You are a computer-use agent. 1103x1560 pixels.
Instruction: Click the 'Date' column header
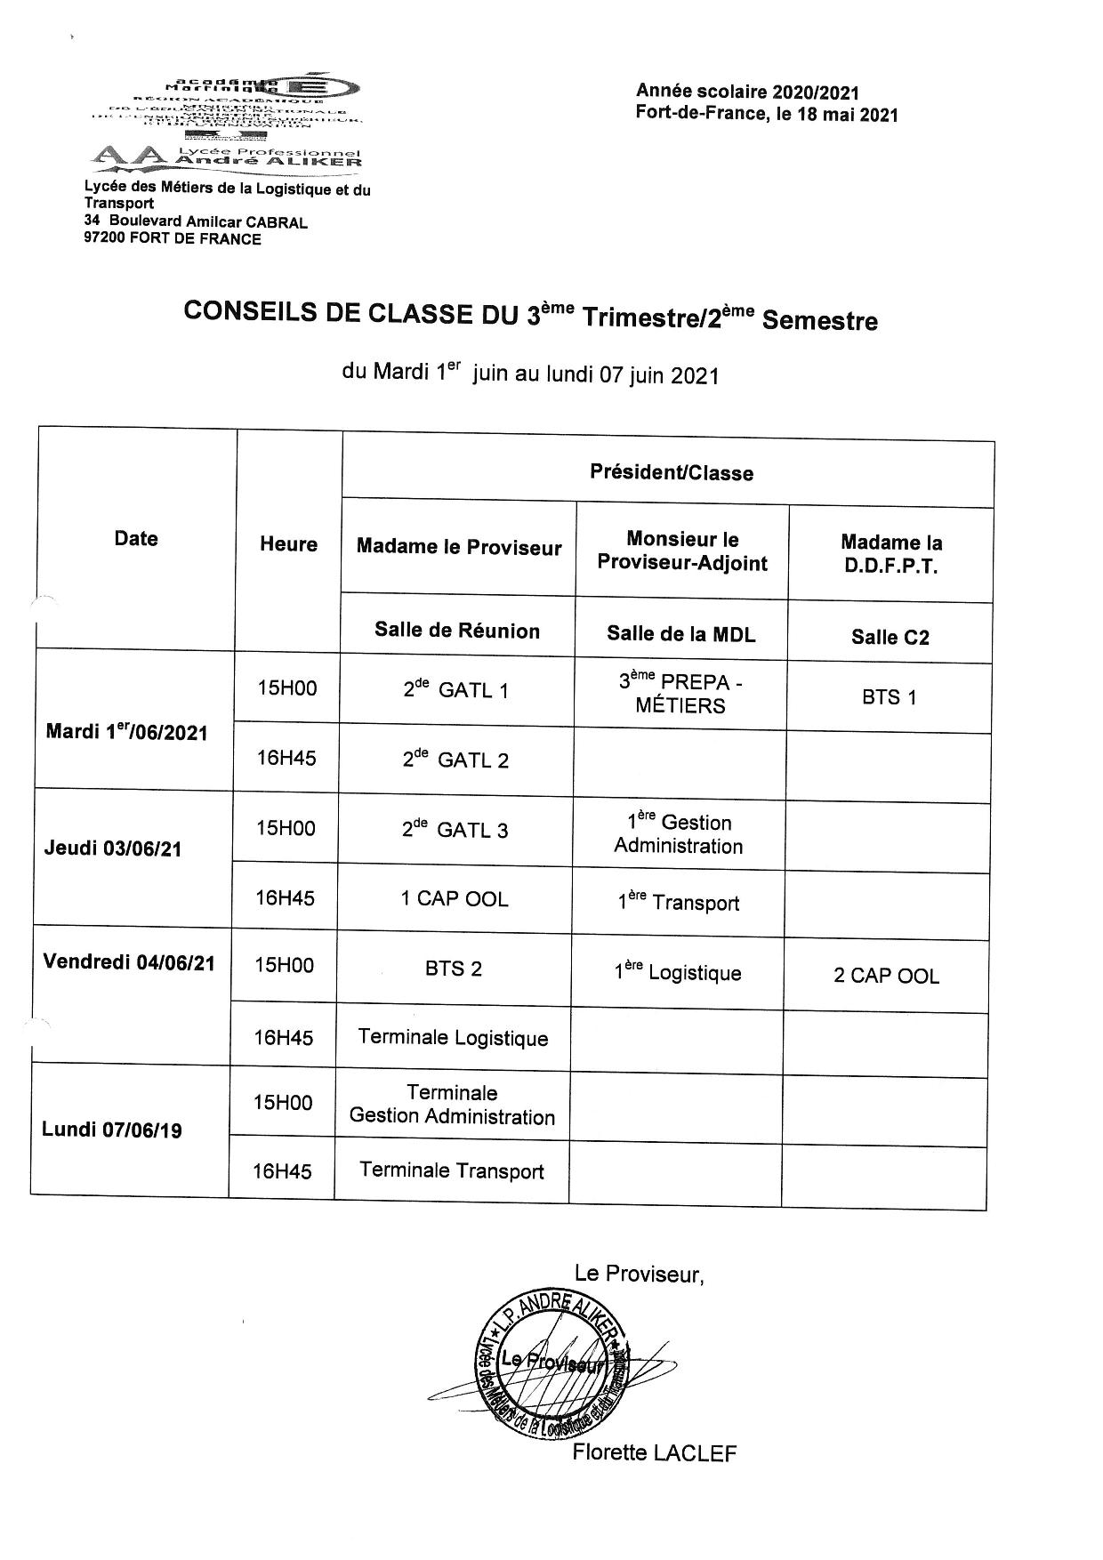(x=136, y=538)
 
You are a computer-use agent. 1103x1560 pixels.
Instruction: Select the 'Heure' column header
(x=288, y=544)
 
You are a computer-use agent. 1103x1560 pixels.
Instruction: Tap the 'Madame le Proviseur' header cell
(x=459, y=547)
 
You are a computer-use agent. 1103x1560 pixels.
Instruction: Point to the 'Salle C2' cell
(x=890, y=637)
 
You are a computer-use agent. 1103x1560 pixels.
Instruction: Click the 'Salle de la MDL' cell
(x=680, y=633)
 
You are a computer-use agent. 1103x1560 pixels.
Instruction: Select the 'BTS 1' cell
(x=889, y=697)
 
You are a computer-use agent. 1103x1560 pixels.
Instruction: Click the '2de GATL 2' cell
(x=455, y=760)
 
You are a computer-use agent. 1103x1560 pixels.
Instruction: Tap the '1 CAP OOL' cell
(x=455, y=899)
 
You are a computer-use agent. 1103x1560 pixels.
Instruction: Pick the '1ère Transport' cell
(x=679, y=902)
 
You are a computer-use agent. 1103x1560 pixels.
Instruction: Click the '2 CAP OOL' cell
(x=886, y=976)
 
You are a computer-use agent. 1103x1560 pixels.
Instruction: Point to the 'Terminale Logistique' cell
(x=453, y=1038)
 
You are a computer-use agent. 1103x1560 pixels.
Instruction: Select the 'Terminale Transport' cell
(x=452, y=1170)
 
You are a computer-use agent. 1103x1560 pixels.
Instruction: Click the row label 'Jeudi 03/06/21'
(x=113, y=848)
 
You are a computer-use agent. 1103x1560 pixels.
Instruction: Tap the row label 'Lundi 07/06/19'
(x=112, y=1130)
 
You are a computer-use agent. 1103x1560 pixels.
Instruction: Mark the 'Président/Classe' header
(x=672, y=473)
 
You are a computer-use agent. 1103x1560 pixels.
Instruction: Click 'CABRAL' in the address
(x=277, y=222)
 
